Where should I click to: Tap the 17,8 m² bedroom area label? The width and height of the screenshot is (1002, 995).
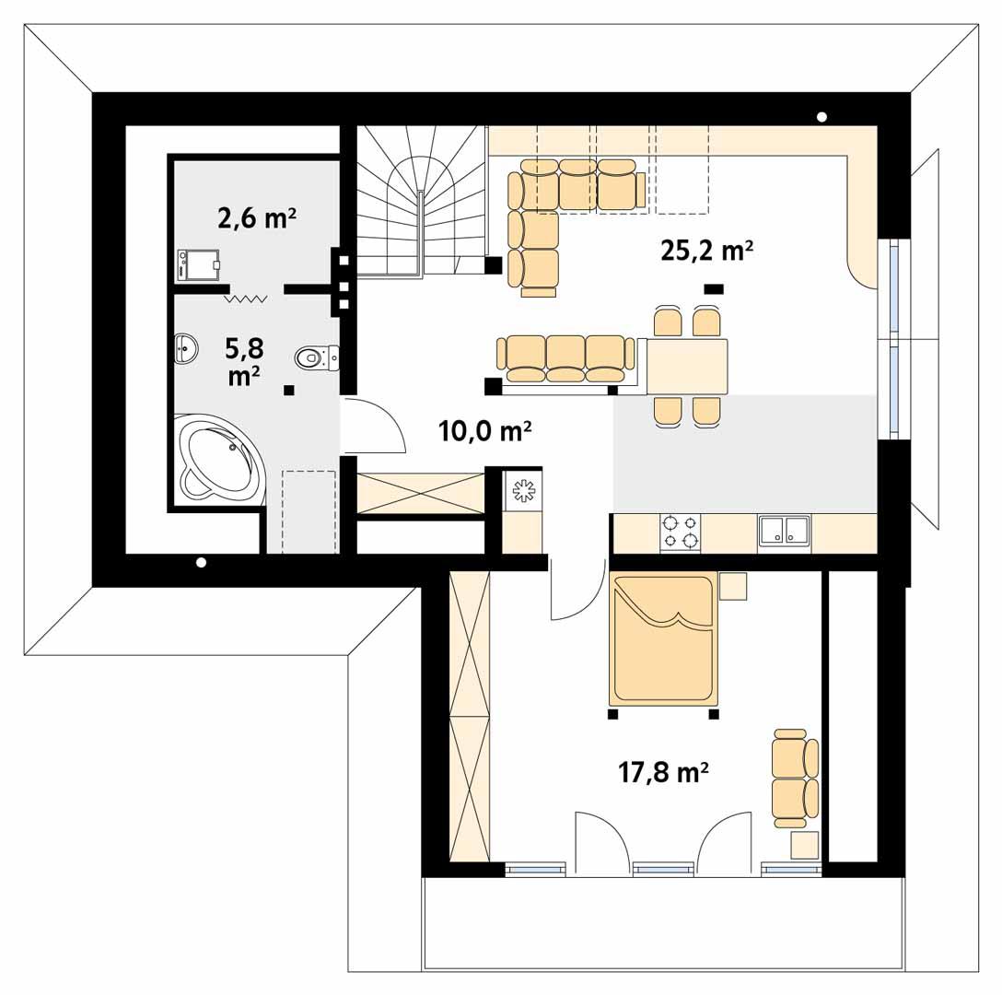662,772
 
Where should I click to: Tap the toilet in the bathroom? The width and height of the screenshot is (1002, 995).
316,357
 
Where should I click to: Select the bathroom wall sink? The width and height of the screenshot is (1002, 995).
186,347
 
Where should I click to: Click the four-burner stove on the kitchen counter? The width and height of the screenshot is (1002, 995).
680,533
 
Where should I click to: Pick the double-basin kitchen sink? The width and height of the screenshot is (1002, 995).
784,531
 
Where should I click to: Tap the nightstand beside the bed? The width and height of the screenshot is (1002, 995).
733,586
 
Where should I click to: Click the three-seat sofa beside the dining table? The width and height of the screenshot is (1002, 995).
565,358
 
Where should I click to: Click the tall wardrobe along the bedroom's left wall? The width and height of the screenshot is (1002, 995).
469,717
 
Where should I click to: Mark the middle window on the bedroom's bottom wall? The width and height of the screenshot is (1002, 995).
663,868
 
